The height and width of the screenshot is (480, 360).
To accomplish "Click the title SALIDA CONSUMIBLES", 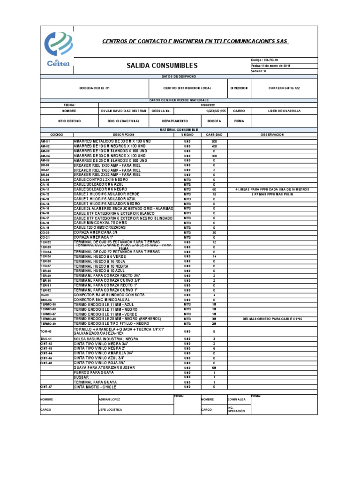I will pos(162,66).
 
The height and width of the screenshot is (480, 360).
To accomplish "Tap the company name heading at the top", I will pos(195,41).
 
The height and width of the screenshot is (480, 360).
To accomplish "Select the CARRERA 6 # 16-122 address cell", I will pos(285,88).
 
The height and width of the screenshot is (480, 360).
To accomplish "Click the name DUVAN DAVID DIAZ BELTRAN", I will pos(124,111).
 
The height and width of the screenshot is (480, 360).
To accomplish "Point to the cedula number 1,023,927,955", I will pos(213,111).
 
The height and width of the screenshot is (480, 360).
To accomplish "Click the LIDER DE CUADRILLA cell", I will pos(285,111).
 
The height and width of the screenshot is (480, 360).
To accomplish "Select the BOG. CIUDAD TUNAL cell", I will pos(124,121).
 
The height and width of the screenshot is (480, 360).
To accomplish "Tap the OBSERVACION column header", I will pos(272,135).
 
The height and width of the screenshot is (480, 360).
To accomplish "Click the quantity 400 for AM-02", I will pos(214,146).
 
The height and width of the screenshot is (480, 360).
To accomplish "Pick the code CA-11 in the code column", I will pos(45,189).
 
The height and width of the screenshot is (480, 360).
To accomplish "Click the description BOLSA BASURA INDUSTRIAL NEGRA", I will pos(106,338).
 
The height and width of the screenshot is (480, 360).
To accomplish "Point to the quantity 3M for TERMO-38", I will pos(214,319).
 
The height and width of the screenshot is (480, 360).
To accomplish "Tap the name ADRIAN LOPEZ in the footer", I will pos(110,400).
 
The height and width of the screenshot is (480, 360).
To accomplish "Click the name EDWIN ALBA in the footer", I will pos(237,400).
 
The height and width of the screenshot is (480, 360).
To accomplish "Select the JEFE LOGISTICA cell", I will pos(111,409).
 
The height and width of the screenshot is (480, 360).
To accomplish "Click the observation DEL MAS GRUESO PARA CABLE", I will pos(273,319).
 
